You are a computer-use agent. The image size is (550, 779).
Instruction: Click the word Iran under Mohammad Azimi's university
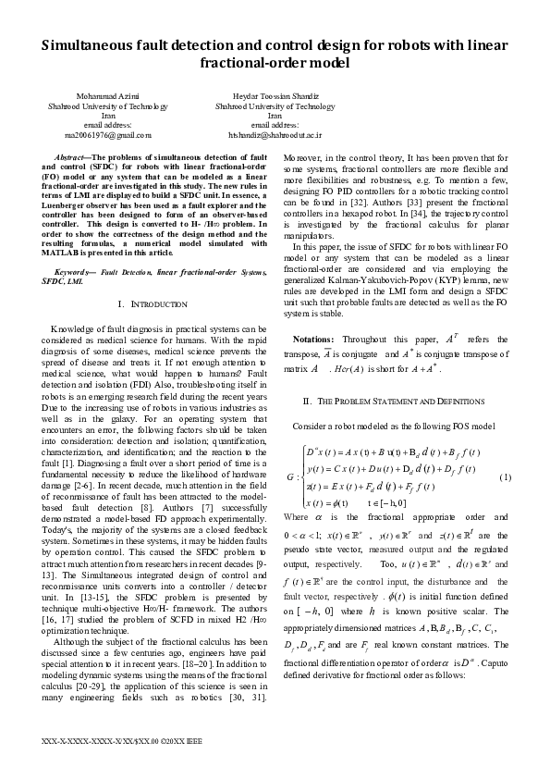pyautogui.click(x=108, y=116)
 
